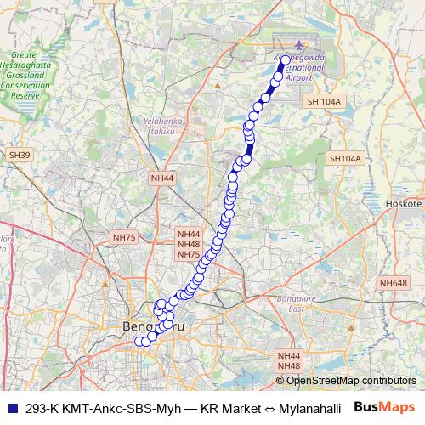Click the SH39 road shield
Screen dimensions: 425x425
pos(19,155)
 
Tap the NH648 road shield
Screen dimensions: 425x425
pos(393,283)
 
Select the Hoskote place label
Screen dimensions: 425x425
pos(404,204)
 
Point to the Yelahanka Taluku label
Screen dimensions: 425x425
pos(166,126)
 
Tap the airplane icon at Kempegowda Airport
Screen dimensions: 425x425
pos(297,46)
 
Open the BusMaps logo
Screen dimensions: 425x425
pos(384,407)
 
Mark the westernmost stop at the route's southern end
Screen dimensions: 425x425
pos(139,342)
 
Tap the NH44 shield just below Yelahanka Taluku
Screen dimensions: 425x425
pos(161,178)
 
